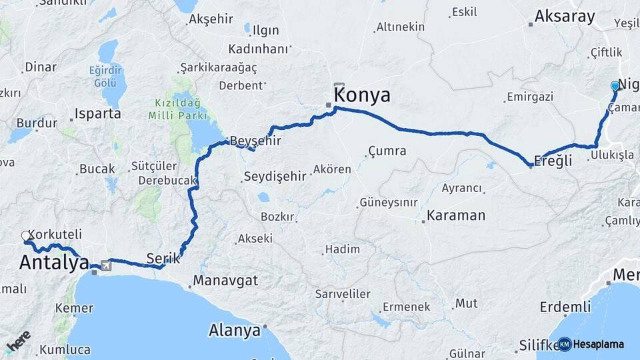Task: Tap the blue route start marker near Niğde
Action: tap(615, 86)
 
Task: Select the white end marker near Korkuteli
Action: tap(26, 236)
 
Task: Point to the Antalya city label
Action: tap(53, 263)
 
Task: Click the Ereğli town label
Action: tap(553, 161)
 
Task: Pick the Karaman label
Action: tap(456, 215)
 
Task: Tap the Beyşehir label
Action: tap(255, 141)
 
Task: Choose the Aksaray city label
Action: tap(565, 17)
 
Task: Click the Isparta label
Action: tap(98, 113)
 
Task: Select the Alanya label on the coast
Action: tap(234, 330)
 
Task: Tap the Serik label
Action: tap(164, 258)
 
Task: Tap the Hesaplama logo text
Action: tap(598, 344)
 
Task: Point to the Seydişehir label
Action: tap(275, 176)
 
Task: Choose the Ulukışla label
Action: tap(611, 155)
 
